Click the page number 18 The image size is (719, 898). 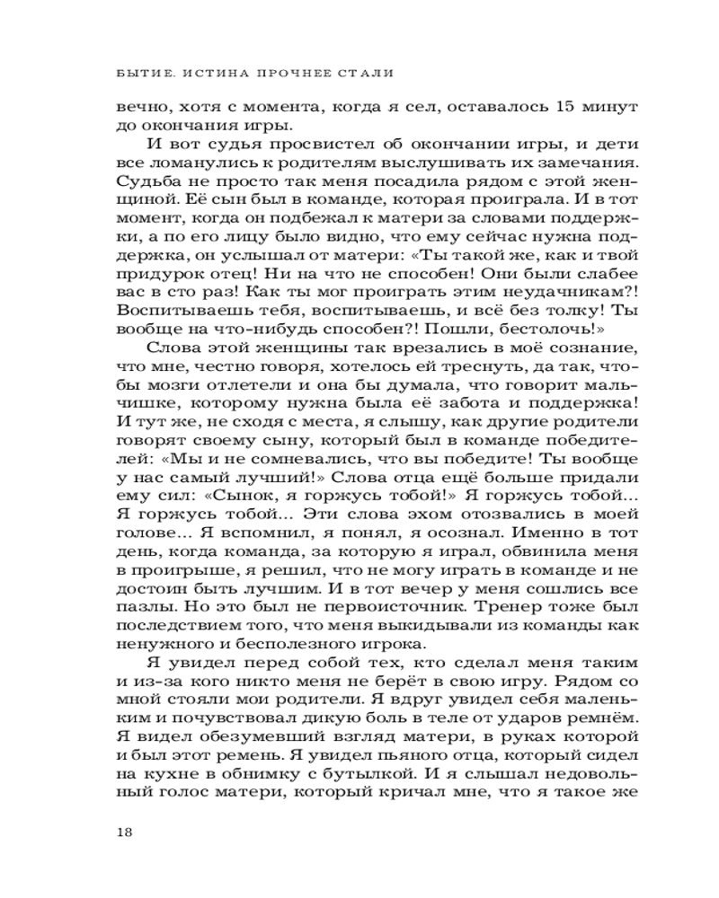(x=125, y=831)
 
